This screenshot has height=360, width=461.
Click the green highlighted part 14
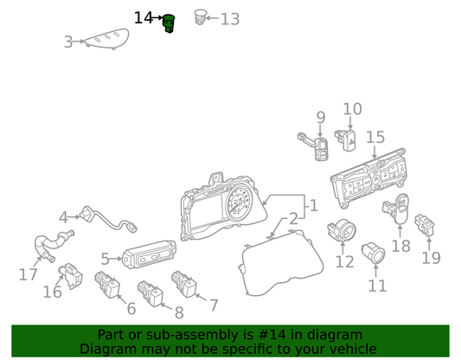pyautogui.click(x=169, y=23)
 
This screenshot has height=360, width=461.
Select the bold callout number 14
pyautogui.click(x=144, y=18)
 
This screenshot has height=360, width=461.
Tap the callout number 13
pyautogui.click(x=230, y=19)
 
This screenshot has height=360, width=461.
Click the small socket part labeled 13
pyautogui.click(x=201, y=16)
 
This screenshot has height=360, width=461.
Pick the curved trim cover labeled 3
pyautogui.click(x=107, y=39)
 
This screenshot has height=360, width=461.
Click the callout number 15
pyautogui.click(x=375, y=137)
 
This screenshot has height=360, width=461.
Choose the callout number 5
pyautogui.click(x=105, y=259)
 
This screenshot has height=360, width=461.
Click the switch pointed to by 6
pyautogui.click(x=107, y=285)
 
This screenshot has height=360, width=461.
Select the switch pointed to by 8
pyautogui.click(x=150, y=293)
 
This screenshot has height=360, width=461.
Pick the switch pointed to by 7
pyautogui.click(x=184, y=284)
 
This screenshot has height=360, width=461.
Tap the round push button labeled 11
pyautogui.click(x=374, y=253)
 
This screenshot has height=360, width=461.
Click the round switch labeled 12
pyautogui.click(x=342, y=230)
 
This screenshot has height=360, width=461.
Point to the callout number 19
pyautogui.click(x=431, y=258)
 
